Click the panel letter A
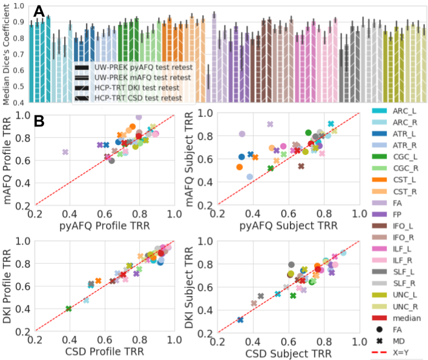pos(39,10)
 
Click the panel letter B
pos(39,122)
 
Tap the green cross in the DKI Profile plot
pos(68,309)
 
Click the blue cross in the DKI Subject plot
pos(240,319)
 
